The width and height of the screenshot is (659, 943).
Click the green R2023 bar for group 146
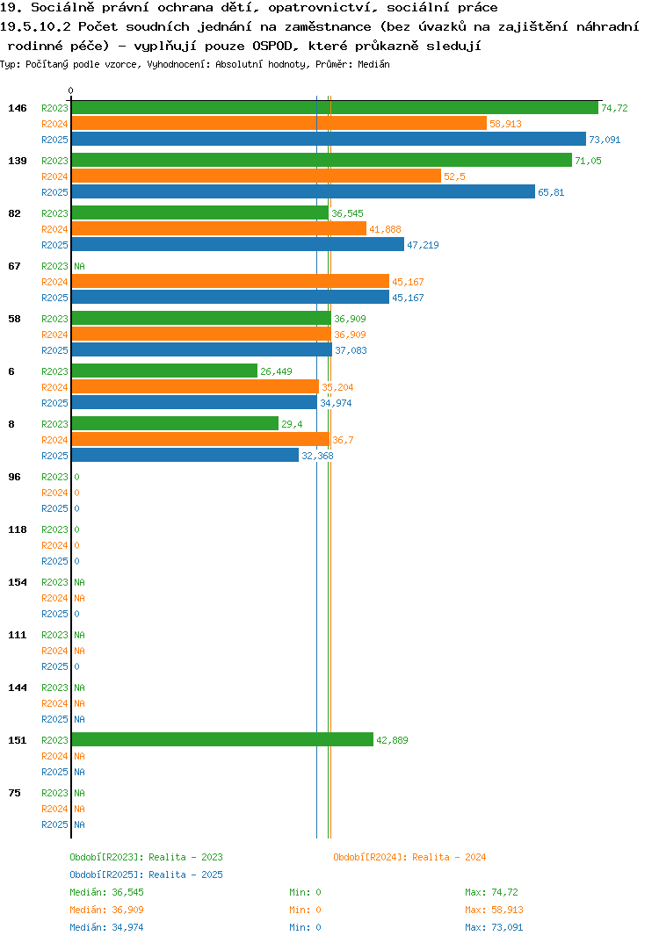click(336, 108)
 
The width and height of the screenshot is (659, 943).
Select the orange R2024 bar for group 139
click(257, 176)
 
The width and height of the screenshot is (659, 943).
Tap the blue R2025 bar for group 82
click(238, 244)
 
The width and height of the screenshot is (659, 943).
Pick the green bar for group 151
click(222, 739)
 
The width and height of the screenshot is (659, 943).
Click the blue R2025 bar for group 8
click(185, 456)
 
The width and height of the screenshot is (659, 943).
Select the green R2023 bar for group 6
click(165, 371)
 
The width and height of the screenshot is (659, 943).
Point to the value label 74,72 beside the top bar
click(614, 108)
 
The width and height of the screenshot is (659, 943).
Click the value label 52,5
click(454, 176)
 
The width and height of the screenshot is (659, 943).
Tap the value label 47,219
click(423, 245)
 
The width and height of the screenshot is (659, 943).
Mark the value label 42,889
click(392, 740)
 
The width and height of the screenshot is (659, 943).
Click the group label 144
click(18, 687)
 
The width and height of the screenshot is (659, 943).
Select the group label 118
click(18, 529)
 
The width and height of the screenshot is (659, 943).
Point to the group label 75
click(14, 793)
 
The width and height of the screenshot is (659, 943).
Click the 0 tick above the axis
click(71, 90)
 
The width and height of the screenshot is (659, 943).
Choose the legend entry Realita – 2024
click(409, 857)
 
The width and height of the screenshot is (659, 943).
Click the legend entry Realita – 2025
click(146, 875)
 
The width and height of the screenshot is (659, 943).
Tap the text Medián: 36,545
click(106, 892)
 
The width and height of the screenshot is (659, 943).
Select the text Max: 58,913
click(494, 910)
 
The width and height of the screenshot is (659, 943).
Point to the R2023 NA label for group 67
click(79, 266)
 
